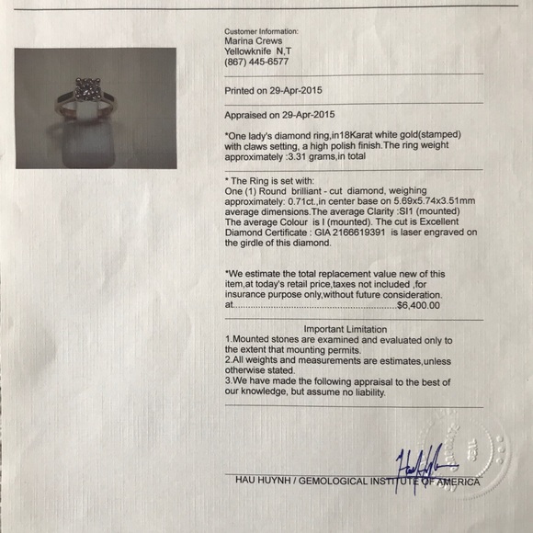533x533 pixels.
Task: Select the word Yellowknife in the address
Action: click(247, 51)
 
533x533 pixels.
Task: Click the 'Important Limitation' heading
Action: click(353, 328)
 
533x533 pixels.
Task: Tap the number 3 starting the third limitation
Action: click(228, 380)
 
